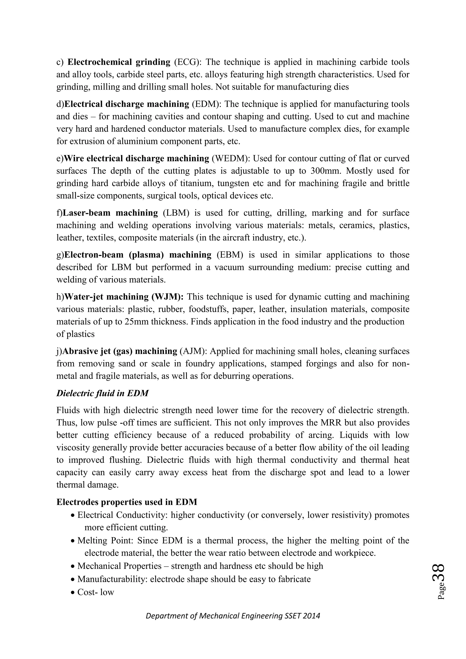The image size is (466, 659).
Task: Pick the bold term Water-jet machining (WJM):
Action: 124,297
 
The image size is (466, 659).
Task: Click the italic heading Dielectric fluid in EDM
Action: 102,393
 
